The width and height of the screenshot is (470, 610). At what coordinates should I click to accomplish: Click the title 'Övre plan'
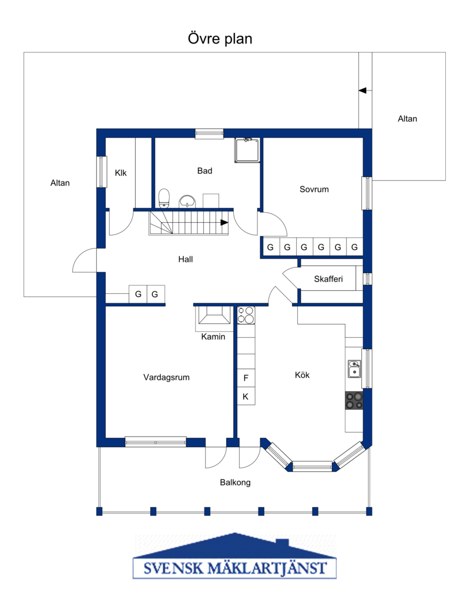click(x=220, y=39)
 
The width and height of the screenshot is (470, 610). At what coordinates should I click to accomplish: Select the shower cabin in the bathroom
click(x=247, y=150)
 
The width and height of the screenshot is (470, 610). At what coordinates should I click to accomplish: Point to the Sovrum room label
click(x=314, y=189)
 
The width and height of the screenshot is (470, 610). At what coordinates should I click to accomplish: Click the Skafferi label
click(x=328, y=279)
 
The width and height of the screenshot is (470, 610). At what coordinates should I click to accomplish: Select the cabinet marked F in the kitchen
click(x=246, y=378)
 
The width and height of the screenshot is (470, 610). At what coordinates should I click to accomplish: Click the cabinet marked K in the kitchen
click(x=246, y=397)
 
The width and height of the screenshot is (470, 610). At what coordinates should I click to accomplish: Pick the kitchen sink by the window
click(x=354, y=369)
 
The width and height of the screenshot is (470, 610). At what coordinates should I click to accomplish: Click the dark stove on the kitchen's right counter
click(x=354, y=401)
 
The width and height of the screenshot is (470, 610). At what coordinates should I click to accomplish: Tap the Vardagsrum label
click(x=166, y=377)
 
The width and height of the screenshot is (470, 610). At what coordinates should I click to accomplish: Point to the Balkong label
click(x=236, y=483)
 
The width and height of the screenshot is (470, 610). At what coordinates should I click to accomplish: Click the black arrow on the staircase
click(x=224, y=223)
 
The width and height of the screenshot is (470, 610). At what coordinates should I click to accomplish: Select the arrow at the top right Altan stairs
click(x=362, y=91)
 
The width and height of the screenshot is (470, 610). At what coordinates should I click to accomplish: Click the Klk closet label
click(x=120, y=173)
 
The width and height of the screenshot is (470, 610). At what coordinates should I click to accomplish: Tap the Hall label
click(x=186, y=259)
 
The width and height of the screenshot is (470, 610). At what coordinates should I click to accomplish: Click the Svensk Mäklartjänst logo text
click(x=234, y=568)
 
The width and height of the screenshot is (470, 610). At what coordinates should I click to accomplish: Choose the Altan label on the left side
click(x=60, y=183)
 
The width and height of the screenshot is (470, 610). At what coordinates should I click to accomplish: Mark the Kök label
click(x=303, y=375)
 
